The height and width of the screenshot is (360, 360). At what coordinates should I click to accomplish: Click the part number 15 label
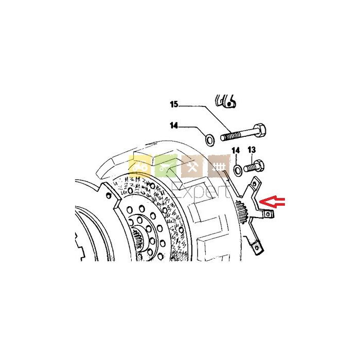pos(174,104)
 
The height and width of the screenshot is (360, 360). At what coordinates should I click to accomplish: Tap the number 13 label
pos(251,150)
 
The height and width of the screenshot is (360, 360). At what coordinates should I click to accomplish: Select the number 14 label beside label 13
pos(236,151)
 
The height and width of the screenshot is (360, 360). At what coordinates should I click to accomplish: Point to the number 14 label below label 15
pos(174,125)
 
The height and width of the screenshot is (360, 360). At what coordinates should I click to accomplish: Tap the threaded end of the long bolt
pos(229,136)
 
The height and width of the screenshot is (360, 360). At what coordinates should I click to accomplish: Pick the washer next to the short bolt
pos(238,170)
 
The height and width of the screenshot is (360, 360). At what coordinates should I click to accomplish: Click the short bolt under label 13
pos(254,166)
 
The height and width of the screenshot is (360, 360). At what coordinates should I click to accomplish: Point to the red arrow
pos(272,202)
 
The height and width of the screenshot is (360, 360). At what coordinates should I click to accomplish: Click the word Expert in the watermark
pos(201,191)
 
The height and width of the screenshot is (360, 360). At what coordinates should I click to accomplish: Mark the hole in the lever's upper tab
pos(254,184)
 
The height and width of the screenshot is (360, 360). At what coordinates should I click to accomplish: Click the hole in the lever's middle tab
pos(268,214)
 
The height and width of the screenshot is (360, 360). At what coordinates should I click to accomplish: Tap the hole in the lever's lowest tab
pos(257,247)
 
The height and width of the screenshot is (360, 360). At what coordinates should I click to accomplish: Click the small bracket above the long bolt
pos(226,101)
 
